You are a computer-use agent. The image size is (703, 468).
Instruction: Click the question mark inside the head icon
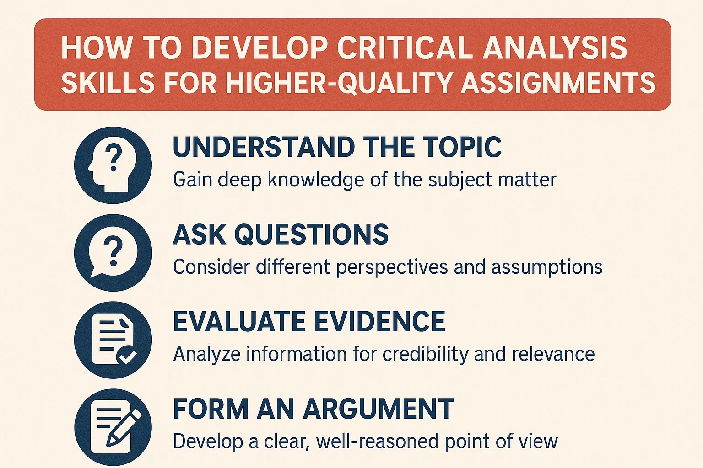pyautogui.click(x=114, y=157)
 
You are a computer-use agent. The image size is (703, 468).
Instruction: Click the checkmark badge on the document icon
pyautogui.click(x=126, y=356)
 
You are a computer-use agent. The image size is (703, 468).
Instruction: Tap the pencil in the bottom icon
pyautogui.click(x=124, y=428)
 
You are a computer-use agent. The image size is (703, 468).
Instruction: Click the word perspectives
pyautogui.click(x=392, y=267)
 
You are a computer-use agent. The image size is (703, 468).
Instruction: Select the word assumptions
pyautogui.click(x=547, y=267)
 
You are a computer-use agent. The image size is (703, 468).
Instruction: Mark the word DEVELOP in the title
pyautogui.click(x=260, y=48)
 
